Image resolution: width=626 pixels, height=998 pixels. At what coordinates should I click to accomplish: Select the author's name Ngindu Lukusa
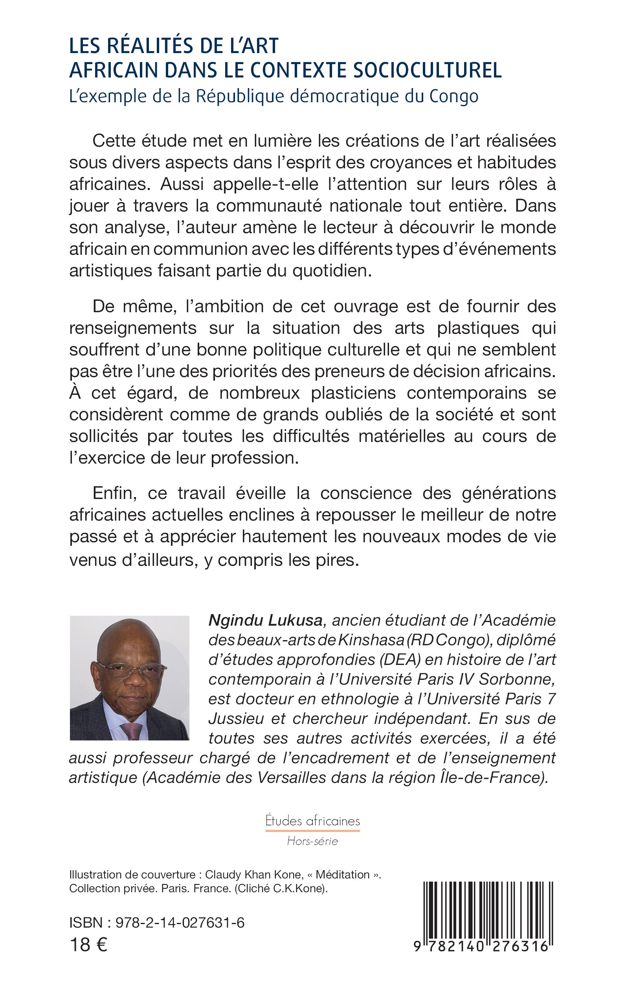click(265, 620)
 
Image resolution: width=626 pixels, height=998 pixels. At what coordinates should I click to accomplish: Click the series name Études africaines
click(312, 821)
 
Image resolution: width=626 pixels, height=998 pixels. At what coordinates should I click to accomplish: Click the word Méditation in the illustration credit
click(342, 875)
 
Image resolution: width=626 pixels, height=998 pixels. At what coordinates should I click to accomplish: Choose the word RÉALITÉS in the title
click(148, 46)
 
